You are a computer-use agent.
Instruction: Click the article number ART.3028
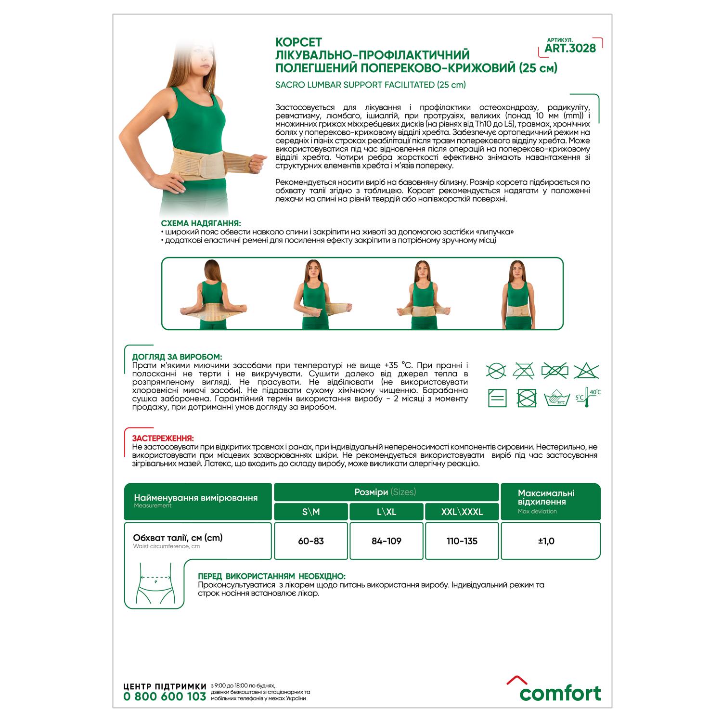[x=570, y=48]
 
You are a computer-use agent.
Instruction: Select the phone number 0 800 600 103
[x=165, y=696]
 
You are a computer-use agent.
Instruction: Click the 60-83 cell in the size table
[x=310, y=541]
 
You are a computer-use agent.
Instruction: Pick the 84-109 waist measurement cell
[x=386, y=541]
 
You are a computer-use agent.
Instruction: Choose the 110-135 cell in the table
[x=462, y=541]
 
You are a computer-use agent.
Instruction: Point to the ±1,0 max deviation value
[x=546, y=541]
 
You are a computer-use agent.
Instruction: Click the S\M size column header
[x=310, y=512]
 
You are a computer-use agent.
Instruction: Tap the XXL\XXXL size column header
[x=462, y=512]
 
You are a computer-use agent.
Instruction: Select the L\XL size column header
[x=386, y=512]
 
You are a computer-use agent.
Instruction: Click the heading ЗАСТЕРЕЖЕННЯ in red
[x=163, y=438]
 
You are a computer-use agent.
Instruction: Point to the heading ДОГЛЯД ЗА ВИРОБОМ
[x=177, y=357]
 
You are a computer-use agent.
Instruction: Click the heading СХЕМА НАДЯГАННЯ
[x=201, y=223]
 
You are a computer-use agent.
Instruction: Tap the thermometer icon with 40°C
[x=587, y=398]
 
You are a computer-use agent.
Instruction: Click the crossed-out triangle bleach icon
[x=586, y=371]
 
